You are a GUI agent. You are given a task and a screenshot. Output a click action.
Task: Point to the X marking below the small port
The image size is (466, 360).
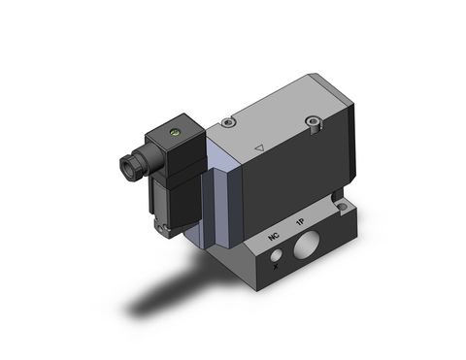pos(279,266)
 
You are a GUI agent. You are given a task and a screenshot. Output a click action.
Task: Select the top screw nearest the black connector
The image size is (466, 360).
pos(226,123)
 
